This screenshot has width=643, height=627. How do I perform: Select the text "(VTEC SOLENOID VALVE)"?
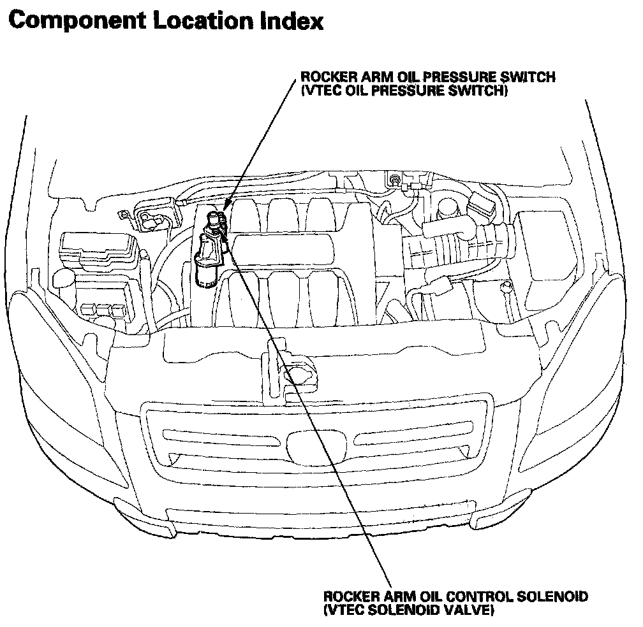click(x=408, y=610)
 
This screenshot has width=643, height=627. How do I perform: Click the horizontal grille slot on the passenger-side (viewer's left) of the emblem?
click(x=223, y=438)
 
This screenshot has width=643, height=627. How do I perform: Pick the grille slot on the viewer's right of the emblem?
click(x=415, y=438)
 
